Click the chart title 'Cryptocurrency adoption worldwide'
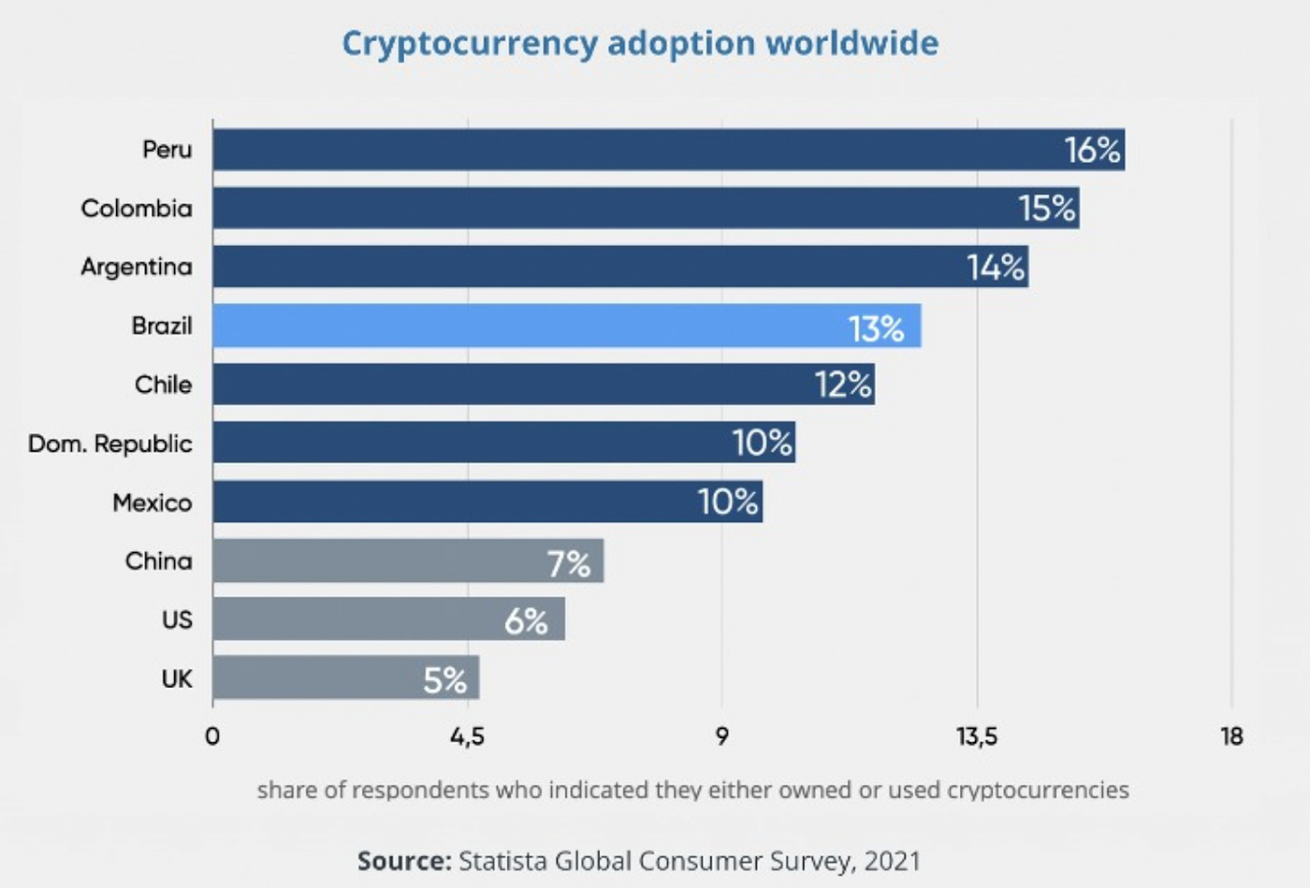click(640, 44)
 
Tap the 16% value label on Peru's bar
click(1092, 150)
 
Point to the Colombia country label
click(137, 208)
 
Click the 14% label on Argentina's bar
click(996, 268)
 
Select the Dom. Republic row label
click(110, 444)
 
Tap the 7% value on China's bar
click(569, 563)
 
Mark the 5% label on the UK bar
click(444, 679)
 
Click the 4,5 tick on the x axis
click(467, 736)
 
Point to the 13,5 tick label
click(977, 736)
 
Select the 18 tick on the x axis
click(1231, 736)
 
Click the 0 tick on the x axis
click(212, 736)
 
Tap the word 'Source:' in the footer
click(404, 861)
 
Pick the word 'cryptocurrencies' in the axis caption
click(1038, 790)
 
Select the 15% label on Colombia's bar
click(1047, 208)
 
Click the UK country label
click(177, 678)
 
